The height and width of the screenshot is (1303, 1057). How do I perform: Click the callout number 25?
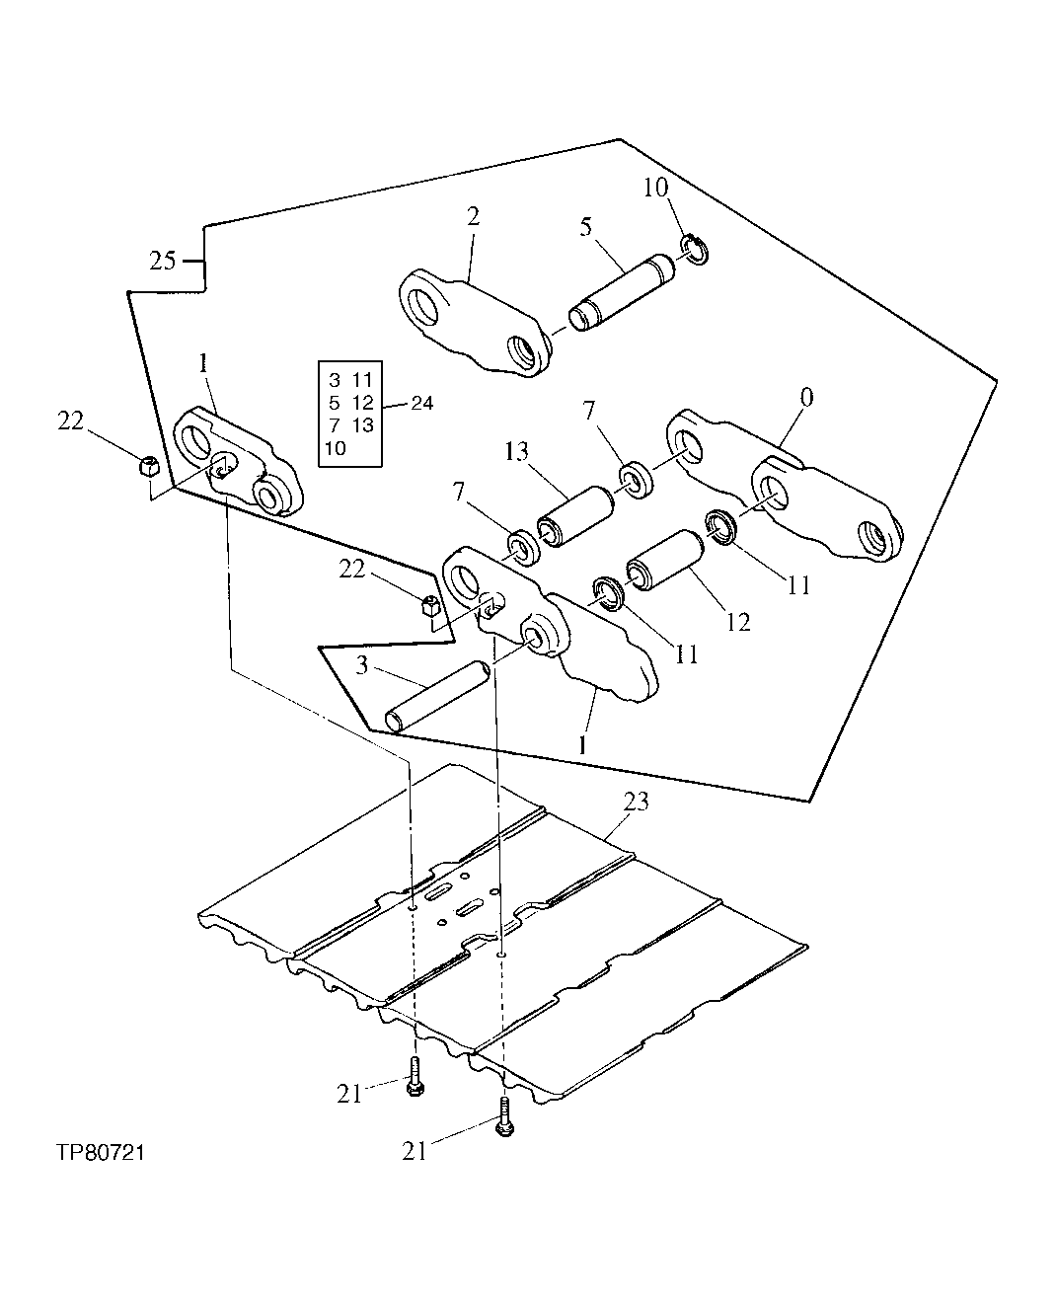pyautogui.click(x=163, y=261)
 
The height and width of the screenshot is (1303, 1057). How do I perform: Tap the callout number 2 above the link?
pyautogui.click(x=473, y=217)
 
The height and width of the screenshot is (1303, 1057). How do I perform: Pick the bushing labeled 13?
pyautogui.click(x=573, y=513)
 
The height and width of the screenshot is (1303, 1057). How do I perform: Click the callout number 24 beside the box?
pyautogui.click(x=421, y=403)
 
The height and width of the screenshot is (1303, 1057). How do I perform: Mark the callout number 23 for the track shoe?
pyautogui.click(x=637, y=802)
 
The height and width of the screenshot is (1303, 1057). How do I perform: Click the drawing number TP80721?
pyautogui.click(x=95, y=1153)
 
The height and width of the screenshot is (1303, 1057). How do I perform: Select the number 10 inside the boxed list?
pyautogui.click(x=335, y=447)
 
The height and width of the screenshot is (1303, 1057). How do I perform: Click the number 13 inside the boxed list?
pyautogui.click(x=362, y=425)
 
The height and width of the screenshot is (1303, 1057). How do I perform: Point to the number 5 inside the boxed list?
pyautogui.click(x=334, y=403)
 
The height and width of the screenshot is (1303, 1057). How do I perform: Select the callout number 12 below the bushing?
pyautogui.click(x=737, y=622)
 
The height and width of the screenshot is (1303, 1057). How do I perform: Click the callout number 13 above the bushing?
pyautogui.click(x=516, y=454)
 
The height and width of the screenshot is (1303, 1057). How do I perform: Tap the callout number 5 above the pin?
pyautogui.click(x=586, y=227)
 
